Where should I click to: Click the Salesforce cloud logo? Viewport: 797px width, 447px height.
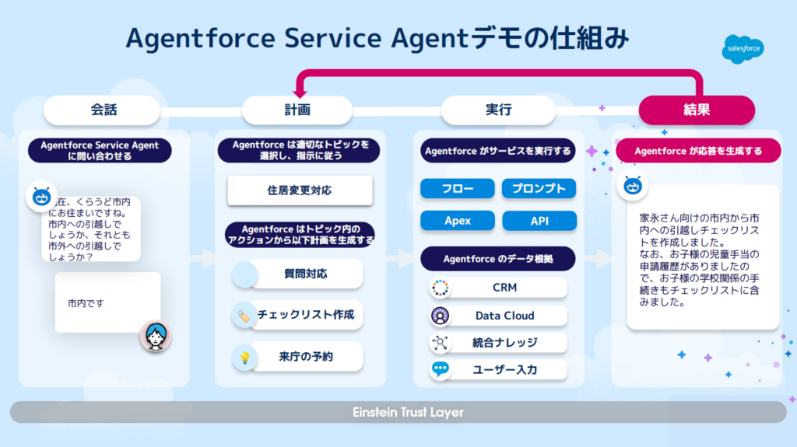[x=742, y=49]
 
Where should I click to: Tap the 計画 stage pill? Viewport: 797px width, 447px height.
[x=298, y=110]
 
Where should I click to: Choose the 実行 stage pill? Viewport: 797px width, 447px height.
[x=498, y=110]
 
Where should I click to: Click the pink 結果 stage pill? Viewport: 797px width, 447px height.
[x=697, y=110]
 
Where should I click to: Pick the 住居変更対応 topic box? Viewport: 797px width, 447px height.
[x=299, y=190]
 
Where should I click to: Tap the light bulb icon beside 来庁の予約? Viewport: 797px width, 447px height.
[x=244, y=358]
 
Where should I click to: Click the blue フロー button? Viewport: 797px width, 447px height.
[x=458, y=188]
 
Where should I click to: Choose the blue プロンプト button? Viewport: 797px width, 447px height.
[x=539, y=188]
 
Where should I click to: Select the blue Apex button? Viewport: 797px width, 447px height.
[x=458, y=221]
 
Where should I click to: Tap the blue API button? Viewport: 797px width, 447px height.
[x=539, y=221]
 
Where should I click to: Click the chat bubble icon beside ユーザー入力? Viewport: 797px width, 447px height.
[x=441, y=369]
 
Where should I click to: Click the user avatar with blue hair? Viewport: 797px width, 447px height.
[x=156, y=335]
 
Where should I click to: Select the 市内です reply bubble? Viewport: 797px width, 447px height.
[x=107, y=302]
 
